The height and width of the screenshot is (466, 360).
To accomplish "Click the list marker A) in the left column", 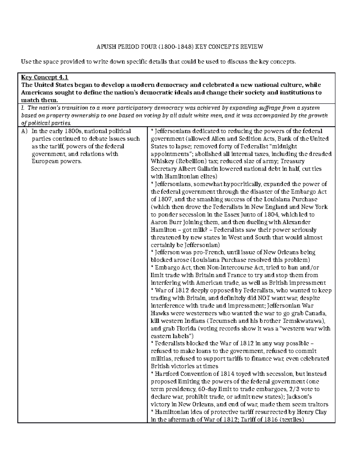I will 24,131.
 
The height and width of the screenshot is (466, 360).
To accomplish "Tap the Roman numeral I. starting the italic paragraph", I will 23,108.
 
